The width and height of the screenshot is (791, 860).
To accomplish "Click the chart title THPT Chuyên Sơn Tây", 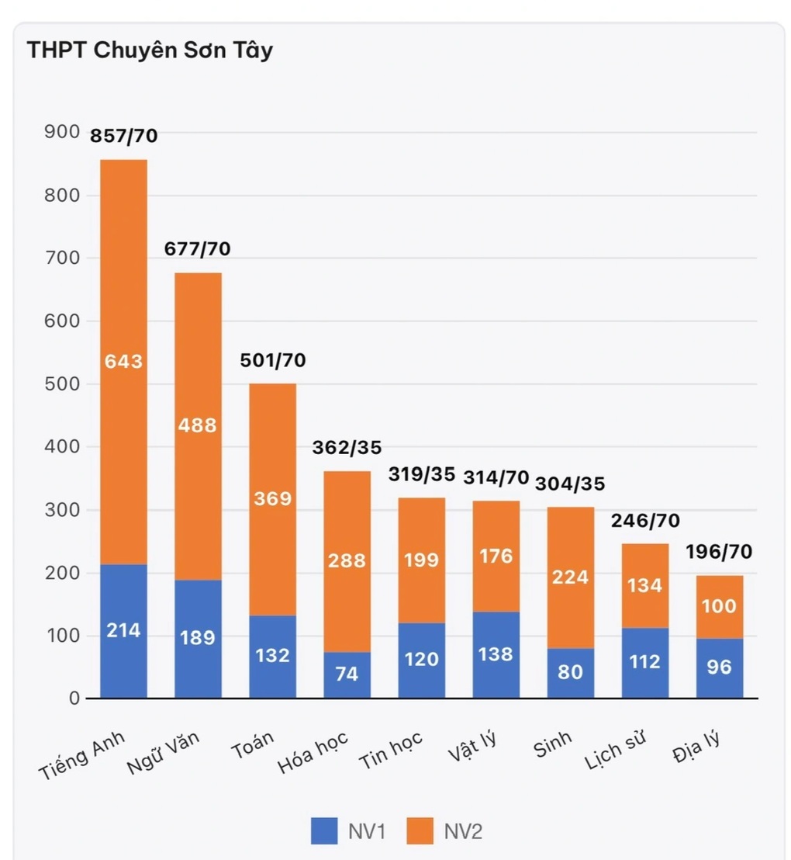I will coord(150,50).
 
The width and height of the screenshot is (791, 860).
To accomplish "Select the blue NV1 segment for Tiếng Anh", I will coord(123,630).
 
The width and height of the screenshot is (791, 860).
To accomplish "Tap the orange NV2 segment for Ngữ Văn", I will coord(198,425).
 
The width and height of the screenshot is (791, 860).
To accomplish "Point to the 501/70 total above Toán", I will coord(273,360).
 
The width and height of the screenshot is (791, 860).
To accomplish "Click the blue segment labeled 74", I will coord(347,674).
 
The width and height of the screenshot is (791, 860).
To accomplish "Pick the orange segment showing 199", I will coord(421,560).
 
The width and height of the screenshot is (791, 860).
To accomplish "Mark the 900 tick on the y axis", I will coord(63,133).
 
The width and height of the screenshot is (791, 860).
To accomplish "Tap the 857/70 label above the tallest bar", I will coord(124,136).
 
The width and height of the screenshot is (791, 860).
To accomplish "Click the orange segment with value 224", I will coord(570,577).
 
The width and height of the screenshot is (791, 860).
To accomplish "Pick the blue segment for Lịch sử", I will coord(645,662).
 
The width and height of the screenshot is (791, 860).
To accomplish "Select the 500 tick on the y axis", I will coord(63,384).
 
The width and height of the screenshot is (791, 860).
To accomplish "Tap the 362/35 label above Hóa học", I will coord(347,448).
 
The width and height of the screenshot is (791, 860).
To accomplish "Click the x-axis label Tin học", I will coord(392,749).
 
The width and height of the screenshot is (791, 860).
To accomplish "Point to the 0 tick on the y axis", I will coord(74,699).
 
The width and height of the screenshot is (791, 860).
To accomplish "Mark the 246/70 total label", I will coord(645,522).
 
